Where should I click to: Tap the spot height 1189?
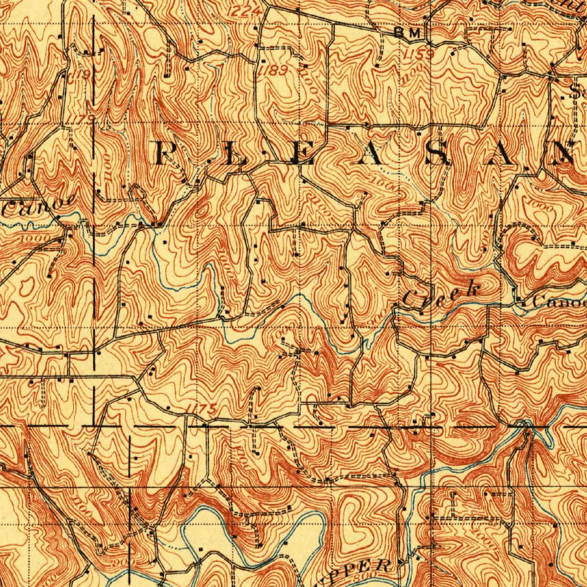tap(269, 71)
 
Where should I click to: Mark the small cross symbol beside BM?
tap(429, 33)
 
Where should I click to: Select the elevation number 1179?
tap(84, 118)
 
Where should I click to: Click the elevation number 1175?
tap(202, 409)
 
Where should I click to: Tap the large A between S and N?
tap(506, 154)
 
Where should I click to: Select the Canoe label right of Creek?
tap(559, 302)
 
